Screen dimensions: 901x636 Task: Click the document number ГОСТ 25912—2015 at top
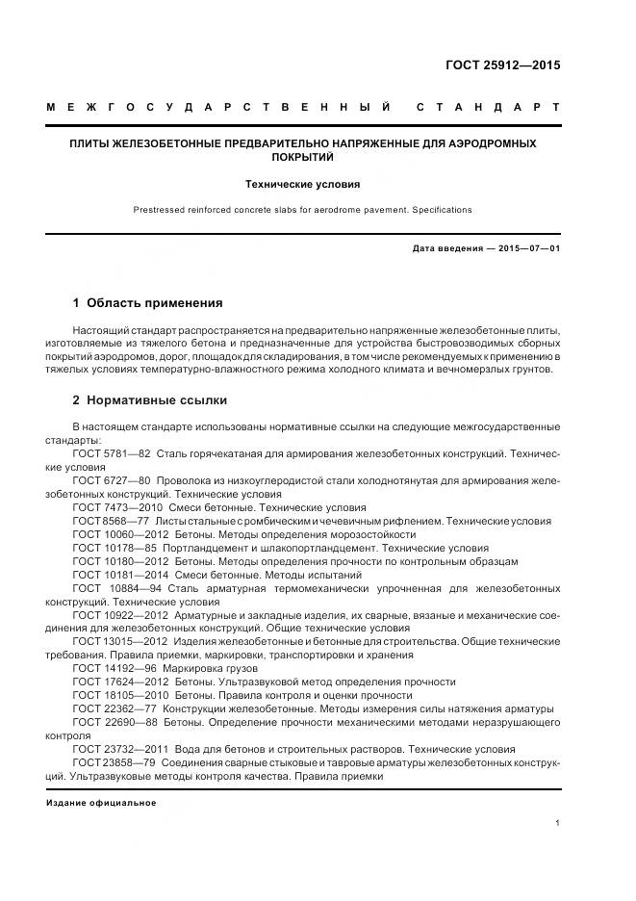pyautogui.click(x=501, y=66)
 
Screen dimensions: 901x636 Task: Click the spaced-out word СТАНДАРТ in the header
pyautogui.click(x=488, y=107)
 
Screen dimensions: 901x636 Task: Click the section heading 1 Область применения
pyautogui.click(x=147, y=302)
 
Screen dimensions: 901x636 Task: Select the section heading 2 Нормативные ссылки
pyautogui.click(x=150, y=399)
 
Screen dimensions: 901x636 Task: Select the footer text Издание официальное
pyautogui.click(x=100, y=802)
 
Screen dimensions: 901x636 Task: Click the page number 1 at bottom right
pyautogui.click(x=557, y=823)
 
